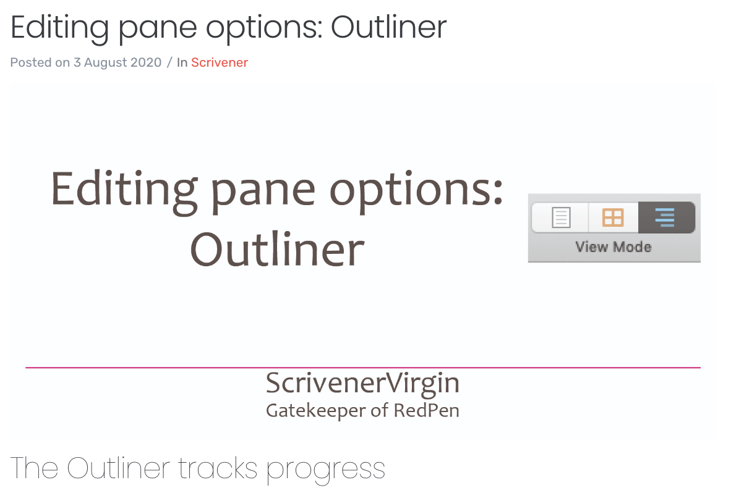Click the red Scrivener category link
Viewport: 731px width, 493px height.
(219, 62)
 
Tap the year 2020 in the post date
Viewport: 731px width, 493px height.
(147, 62)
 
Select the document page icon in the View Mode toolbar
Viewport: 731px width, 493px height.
(561, 217)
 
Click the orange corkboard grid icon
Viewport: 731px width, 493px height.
(613, 217)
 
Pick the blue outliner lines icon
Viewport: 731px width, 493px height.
(665, 217)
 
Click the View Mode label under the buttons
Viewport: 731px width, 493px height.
(613, 247)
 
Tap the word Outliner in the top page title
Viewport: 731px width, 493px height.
(388, 27)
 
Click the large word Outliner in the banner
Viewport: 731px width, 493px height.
(277, 250)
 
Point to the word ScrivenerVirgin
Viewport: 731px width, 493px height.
(362, 384)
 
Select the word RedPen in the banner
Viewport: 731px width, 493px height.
(427, 411)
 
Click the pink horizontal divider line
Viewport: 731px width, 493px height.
(362, 368)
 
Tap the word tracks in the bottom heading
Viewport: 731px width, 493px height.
(218, 468)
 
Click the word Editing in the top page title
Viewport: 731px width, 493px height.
(59, 28)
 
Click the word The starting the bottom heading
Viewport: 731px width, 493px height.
(34, 468)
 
